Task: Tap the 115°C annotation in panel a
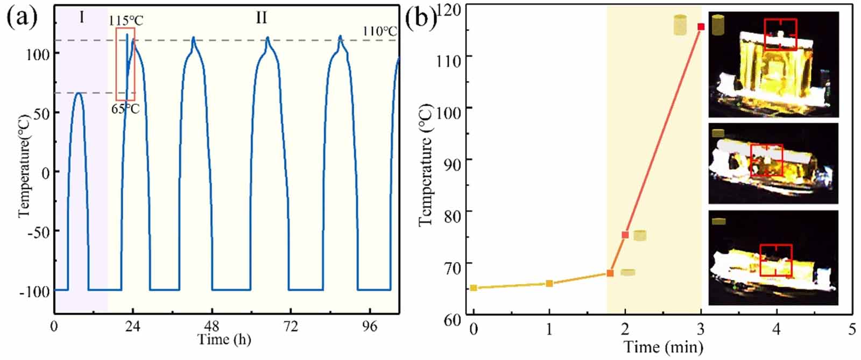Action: pos(126,21)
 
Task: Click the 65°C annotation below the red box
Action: pos(125,109)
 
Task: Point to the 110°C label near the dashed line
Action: pos(379,31)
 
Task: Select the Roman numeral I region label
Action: pos(81,18)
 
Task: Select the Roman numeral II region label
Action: pos(261,18)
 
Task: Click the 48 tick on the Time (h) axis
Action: pos(212,327)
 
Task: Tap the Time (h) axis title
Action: pos(224,340)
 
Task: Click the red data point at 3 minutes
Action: pos(701,26)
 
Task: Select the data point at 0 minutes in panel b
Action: pos(474,288)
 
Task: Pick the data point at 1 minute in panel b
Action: pos(549,283)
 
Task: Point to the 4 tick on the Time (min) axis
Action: pos(776,328)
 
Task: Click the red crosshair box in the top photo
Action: pos(780,34)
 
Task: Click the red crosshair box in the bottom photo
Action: pos(776,260)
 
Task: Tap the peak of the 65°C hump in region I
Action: pos(79,93)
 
